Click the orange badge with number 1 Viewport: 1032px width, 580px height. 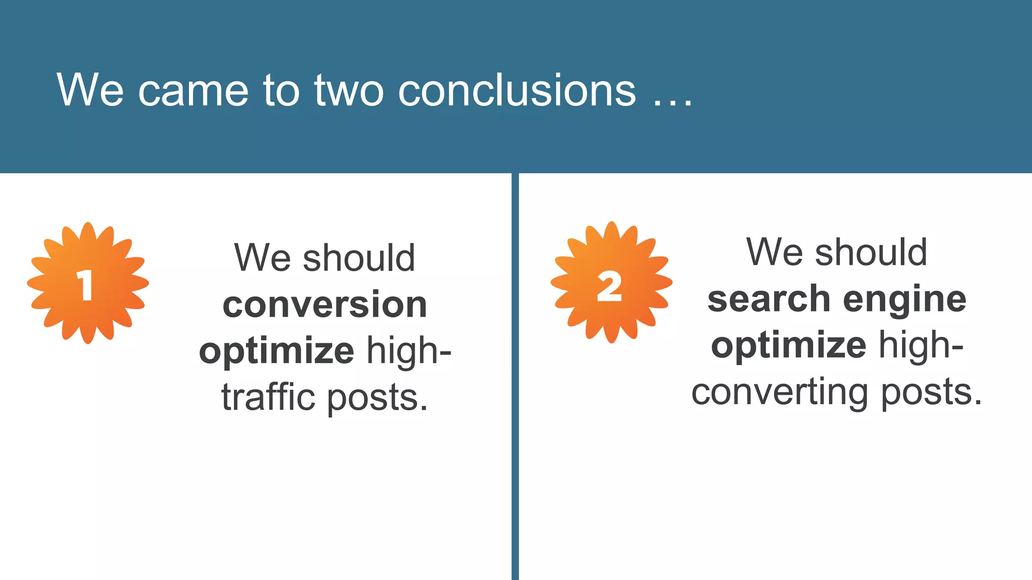tap(88, 283)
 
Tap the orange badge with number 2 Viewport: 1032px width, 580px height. tap(611, 282)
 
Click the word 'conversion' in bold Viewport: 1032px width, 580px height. tap(325, 305)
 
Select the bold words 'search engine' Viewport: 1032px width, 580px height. tap(836, 299)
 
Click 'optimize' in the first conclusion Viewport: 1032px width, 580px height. tap(277, 351)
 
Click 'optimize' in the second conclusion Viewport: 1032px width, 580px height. tap(789, 346)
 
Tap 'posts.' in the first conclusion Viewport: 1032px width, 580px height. tap(378, 399)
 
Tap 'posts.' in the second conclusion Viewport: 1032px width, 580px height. tap(932, 393)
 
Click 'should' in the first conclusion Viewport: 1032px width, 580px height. tap(359, 258)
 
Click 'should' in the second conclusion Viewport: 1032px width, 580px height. tap(871, 252)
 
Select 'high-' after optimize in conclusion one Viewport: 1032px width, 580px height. tap(409, 350)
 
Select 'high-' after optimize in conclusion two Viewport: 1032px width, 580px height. tap(921, 346)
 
